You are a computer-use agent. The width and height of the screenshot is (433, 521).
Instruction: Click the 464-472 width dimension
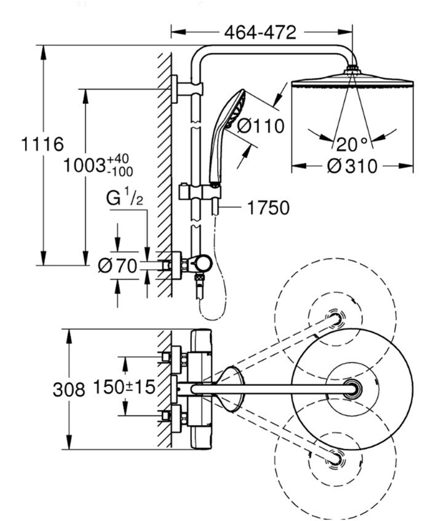(260, 33)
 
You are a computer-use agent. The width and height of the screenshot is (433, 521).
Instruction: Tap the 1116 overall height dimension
(42, 144)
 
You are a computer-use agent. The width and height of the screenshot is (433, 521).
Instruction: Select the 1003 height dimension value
(84, 165)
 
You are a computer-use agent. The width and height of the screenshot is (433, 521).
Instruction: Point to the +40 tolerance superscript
(118, 157)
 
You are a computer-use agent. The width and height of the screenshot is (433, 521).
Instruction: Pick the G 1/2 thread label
(125, 198)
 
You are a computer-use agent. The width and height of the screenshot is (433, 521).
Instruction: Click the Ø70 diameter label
(117, 266)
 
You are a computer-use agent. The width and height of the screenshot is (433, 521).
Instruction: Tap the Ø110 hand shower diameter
(261, 126)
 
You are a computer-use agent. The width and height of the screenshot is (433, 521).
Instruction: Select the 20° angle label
(352, 144)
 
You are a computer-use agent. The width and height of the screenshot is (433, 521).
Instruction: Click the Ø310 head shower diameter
(352, 166)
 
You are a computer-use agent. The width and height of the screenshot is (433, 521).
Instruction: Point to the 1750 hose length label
(268, 208)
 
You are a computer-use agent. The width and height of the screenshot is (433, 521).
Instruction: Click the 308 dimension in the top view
(69, 389)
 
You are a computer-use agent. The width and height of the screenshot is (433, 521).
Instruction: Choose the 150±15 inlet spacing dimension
(124, 386)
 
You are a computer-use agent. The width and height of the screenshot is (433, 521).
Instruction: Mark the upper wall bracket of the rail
(187, 88)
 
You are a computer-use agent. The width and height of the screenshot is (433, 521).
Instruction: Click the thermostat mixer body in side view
(192, 265)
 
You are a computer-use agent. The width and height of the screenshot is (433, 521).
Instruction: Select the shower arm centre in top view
(352, 389)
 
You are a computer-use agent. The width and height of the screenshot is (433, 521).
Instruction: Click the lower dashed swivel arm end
(335, 459)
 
